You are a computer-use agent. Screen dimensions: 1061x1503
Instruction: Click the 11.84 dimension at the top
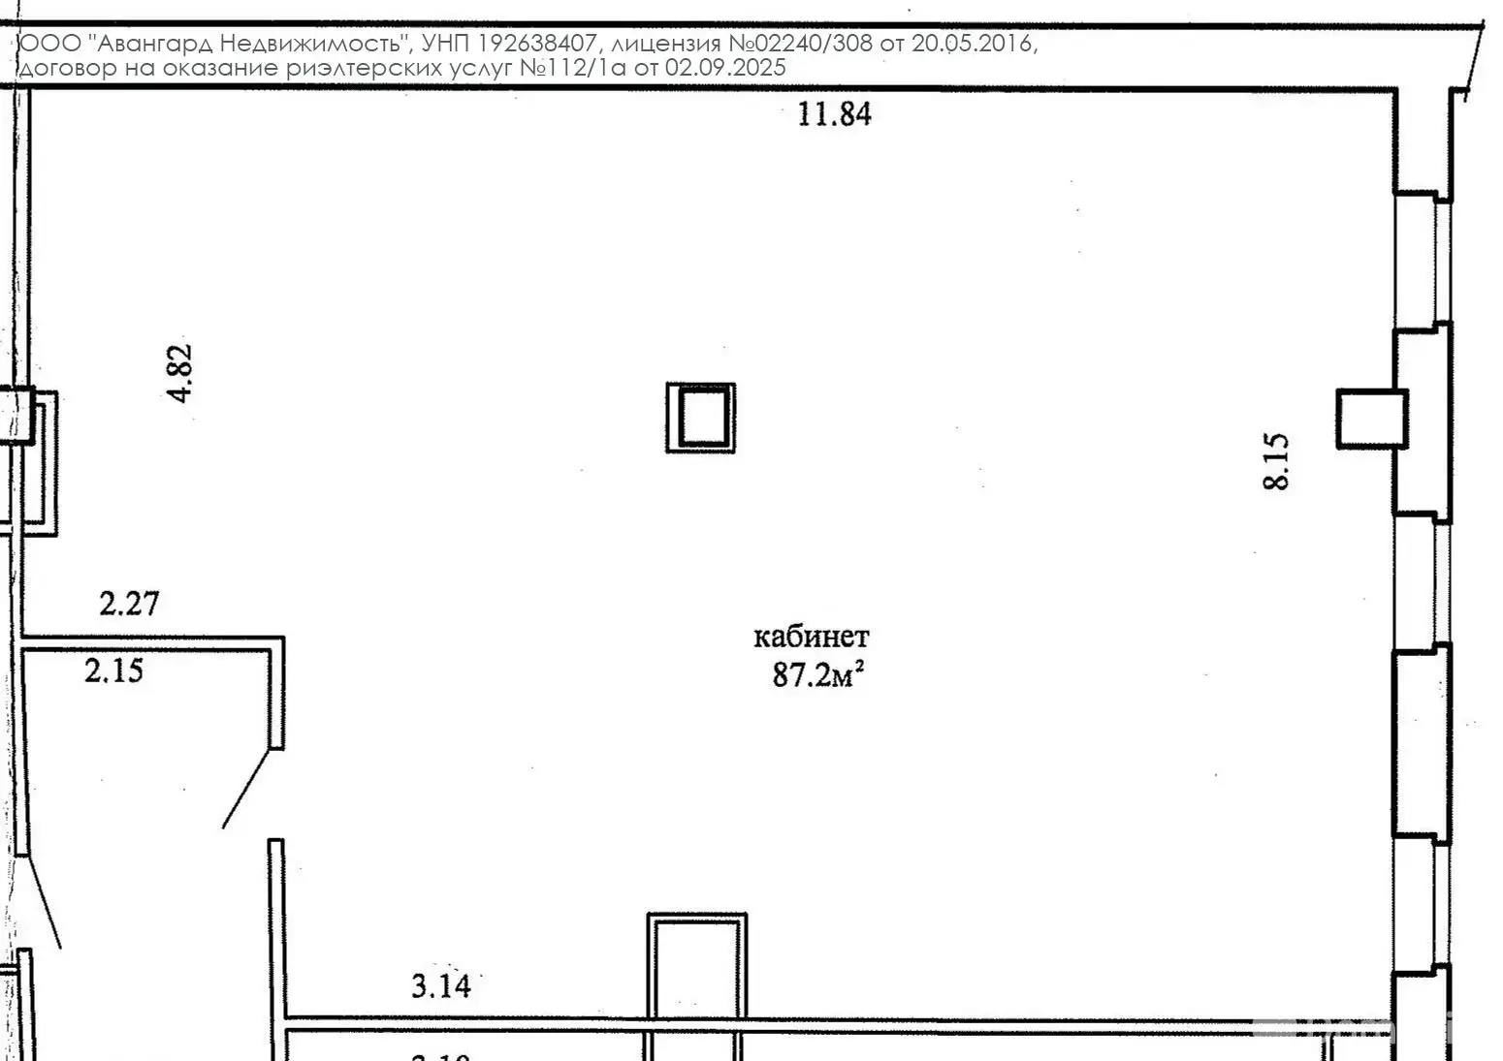point(834,114)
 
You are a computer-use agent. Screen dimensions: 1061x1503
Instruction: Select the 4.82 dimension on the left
point(180,373)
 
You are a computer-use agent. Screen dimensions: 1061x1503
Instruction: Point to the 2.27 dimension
point(129,604)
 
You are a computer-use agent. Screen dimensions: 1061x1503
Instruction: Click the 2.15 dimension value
point(114,670)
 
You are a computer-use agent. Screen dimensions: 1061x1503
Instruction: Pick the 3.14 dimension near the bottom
point(441,986)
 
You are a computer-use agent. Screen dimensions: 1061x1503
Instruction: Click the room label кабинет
point(812,637)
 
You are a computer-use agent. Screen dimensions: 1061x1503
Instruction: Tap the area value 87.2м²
point(817,674)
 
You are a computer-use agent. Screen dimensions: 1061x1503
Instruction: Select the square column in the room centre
point(700,417)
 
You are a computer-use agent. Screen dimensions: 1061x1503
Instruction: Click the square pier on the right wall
point(1371,419)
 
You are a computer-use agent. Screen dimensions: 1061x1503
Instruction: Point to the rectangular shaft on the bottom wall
point(697,967)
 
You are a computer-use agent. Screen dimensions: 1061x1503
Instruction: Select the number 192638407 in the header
point(534,44)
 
